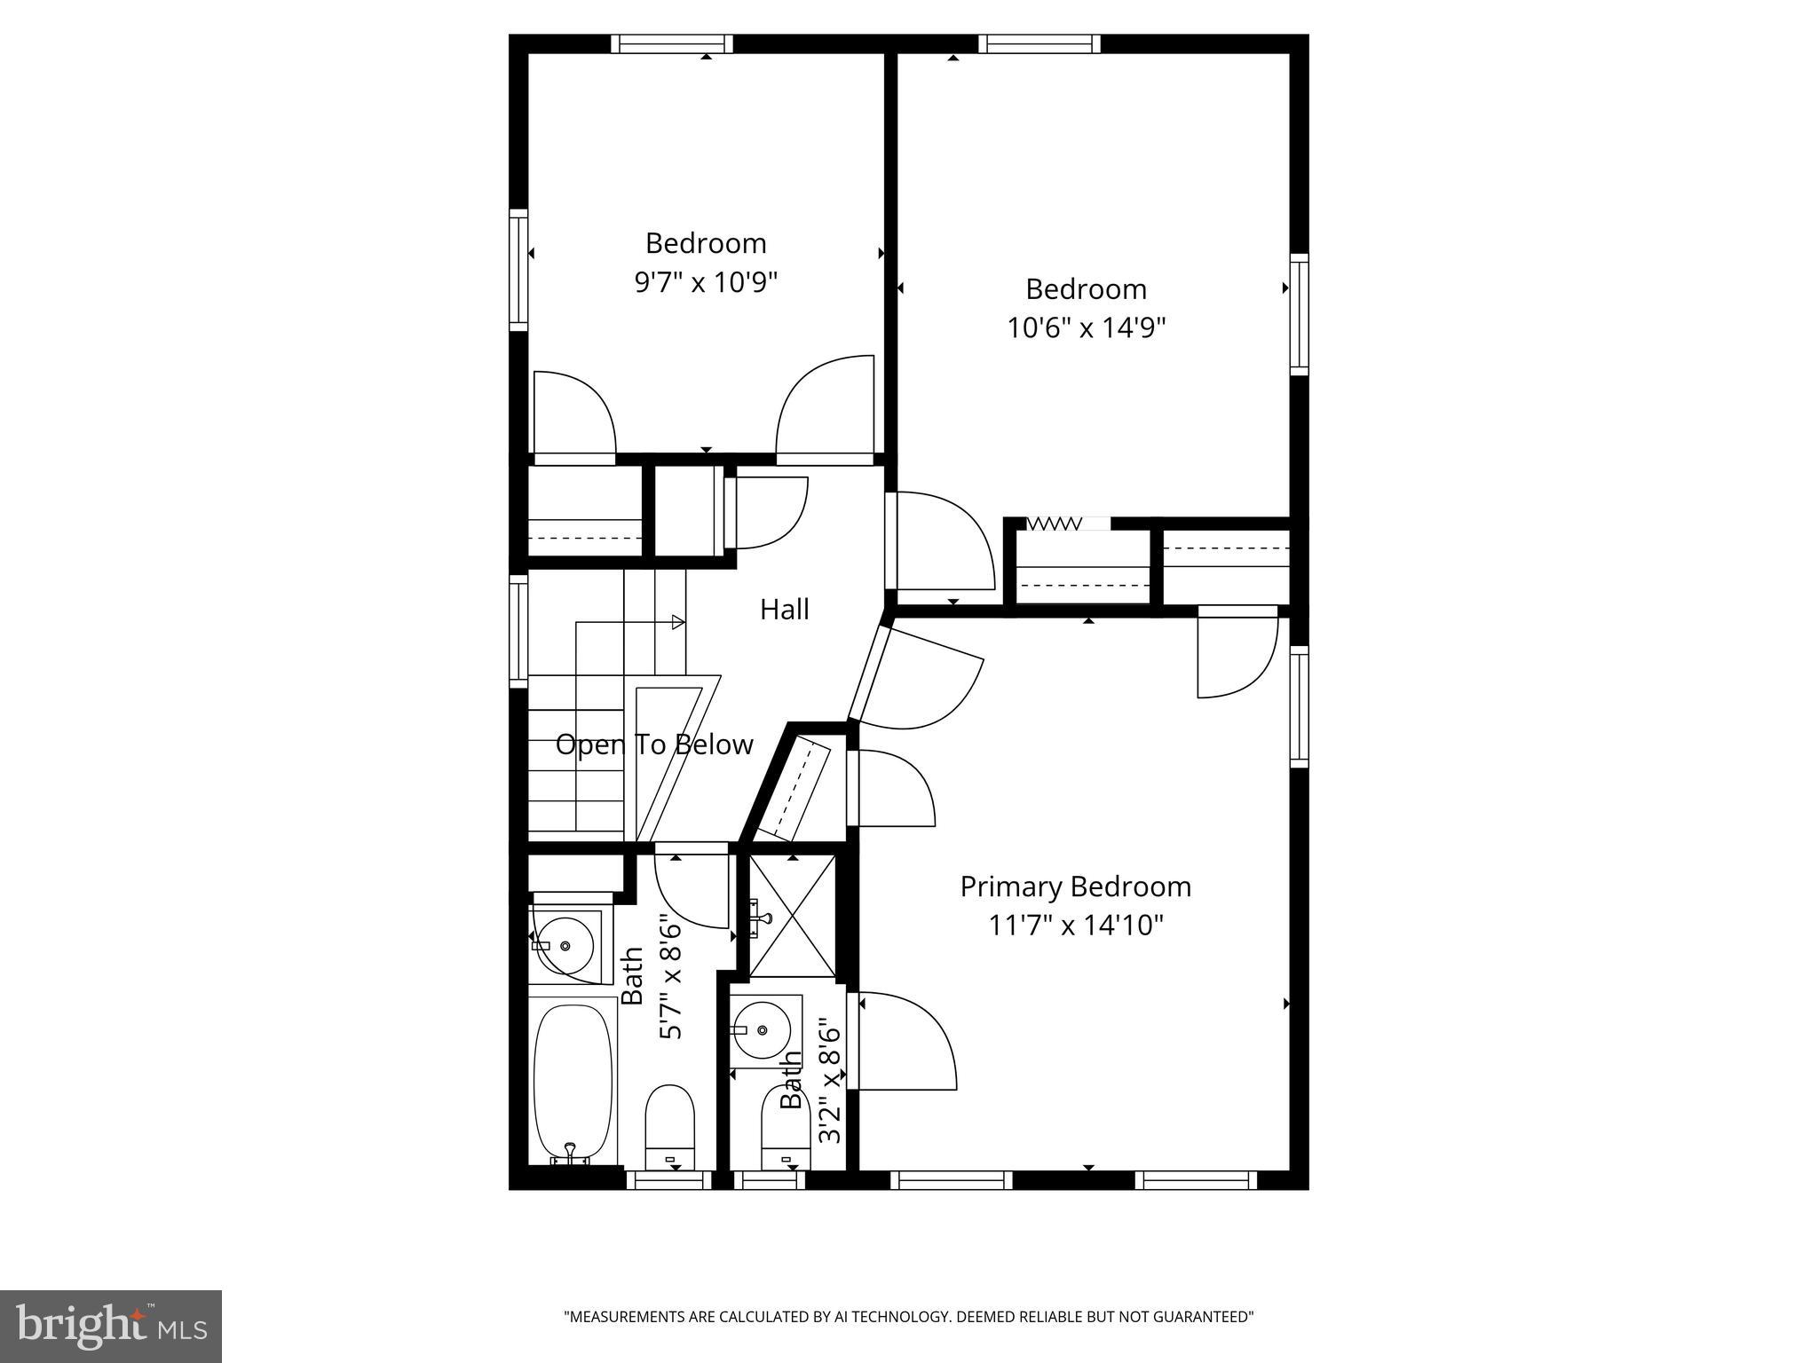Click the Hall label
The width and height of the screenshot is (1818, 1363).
click(785, 610)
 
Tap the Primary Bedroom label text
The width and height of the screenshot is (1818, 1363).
click(1075, 886)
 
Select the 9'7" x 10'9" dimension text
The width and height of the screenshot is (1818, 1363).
click(706, 282)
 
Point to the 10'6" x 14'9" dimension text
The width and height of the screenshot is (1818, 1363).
click(1086, 328)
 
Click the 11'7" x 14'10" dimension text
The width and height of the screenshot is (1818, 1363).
click(1075, 926)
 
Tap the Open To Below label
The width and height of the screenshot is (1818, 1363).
click(654, 745)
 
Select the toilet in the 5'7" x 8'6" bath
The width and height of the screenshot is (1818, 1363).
click(669, 1125)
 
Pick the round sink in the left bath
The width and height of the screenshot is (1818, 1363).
click(565, 944)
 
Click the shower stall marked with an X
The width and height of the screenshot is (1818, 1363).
click(792, 916)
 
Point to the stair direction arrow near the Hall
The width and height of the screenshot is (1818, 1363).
click(676, 622)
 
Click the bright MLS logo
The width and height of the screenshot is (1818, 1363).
click(111, 1326)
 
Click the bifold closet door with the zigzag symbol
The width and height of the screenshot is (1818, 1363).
click(1055, 524)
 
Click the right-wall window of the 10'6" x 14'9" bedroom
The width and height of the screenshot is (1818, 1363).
click(1299, 314)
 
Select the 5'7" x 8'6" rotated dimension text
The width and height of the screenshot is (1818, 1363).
click(671, 981)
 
